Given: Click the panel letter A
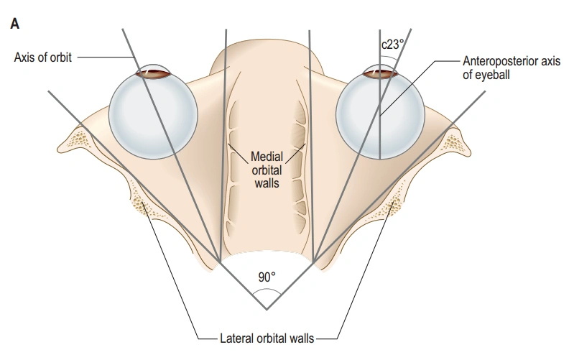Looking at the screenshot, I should (14, 24).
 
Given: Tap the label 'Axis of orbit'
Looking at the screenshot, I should (42, 57).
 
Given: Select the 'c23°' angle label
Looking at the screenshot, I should (392, 43).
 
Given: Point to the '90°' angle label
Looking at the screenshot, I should (267, 277).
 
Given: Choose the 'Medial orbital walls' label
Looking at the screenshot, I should (266, 170).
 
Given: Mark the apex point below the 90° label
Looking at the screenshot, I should (267, 310).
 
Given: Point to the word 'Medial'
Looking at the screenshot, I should (266, 156).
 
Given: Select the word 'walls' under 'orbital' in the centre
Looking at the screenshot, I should (266, 183).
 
